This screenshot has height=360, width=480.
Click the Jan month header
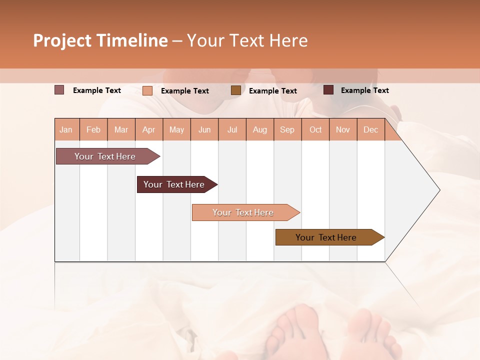tap(66, 129)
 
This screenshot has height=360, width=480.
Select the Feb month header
tap(93, 129)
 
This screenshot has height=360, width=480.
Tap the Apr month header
tap(148, 129)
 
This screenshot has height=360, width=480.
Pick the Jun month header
tap(204, 129)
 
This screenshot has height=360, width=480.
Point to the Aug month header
tap(259, 129)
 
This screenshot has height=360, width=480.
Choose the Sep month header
tap(287, 129)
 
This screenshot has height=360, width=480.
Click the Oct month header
tap(315, 129)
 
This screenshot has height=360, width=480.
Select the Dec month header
tap(370, 129)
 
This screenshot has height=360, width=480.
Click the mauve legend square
tap(59, 90)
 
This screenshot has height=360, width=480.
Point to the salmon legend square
tap(147, 90)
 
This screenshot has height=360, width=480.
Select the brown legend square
tap(235, 90)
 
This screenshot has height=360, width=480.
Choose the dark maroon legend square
tap(328, 90)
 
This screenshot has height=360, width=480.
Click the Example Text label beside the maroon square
tap(364, 90)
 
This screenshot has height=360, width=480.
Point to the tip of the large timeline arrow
tap(438, 190)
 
